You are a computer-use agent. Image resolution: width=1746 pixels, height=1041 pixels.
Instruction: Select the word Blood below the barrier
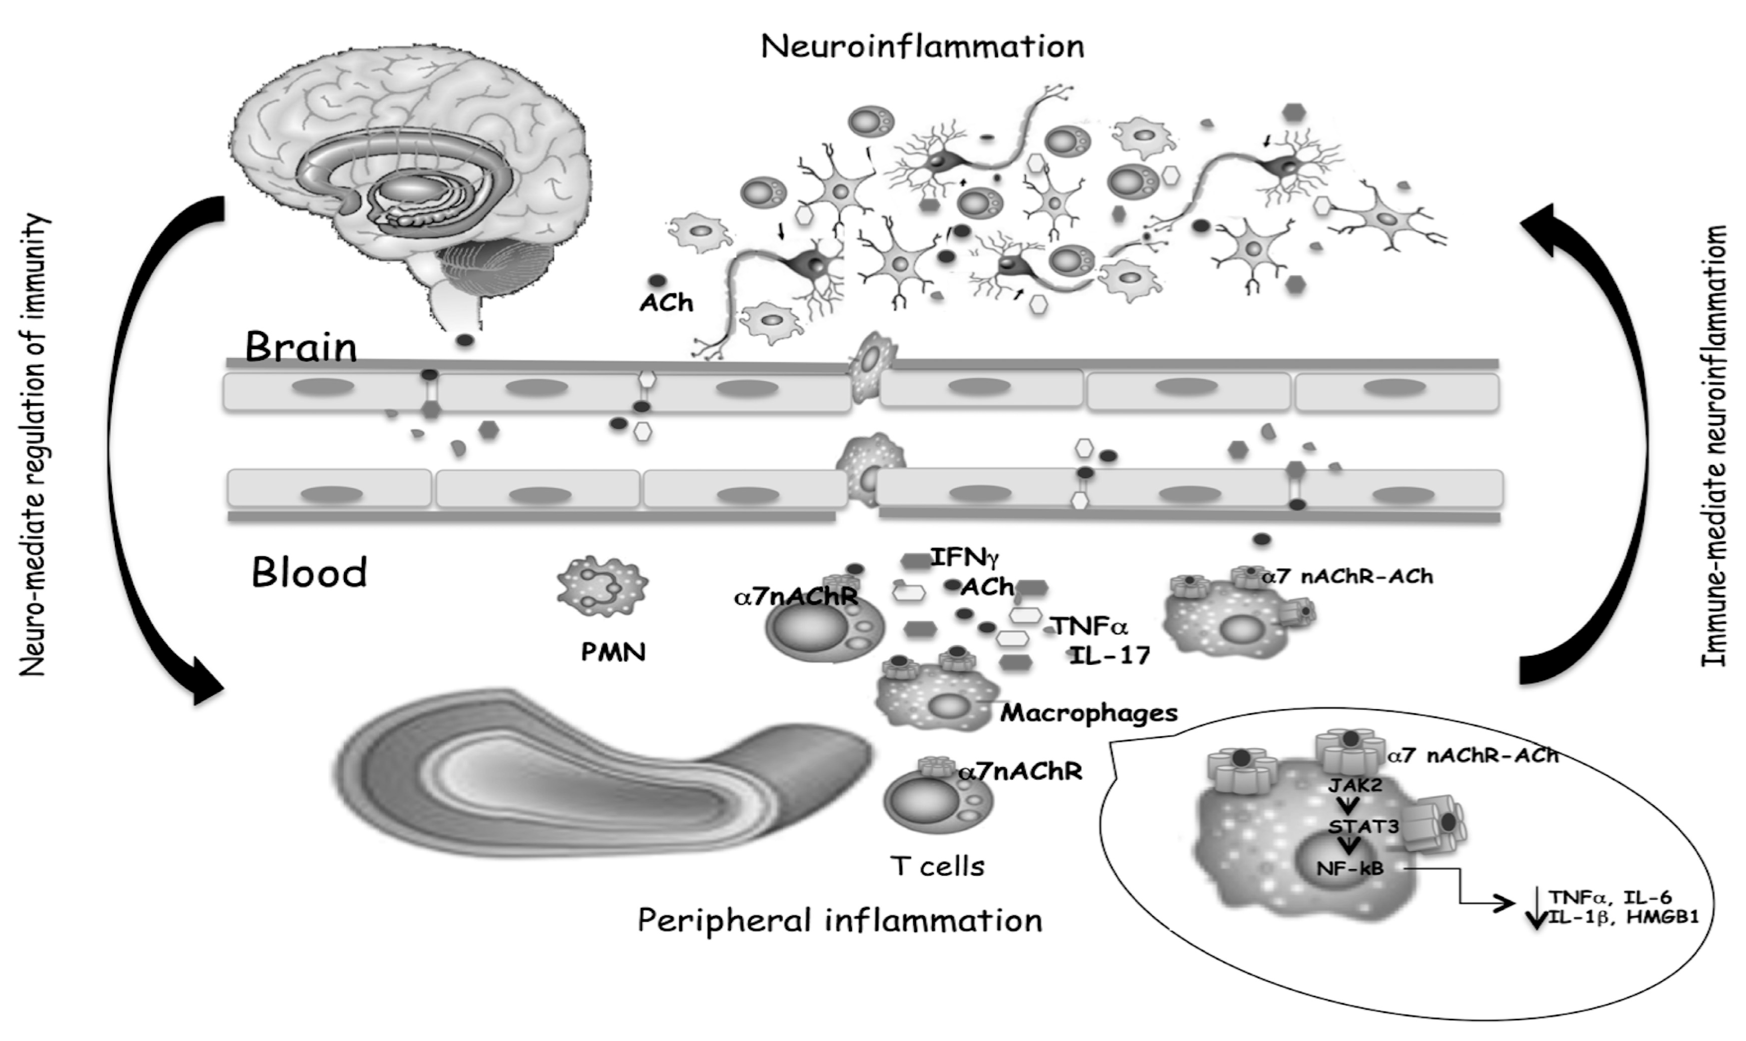pos(309,573)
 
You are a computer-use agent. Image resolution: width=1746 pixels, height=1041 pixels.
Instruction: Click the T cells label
pos(938,866)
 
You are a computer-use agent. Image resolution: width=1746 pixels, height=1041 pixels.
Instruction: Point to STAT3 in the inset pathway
pos(1363,827)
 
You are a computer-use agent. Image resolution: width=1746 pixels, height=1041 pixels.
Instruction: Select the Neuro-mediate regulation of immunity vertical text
pos(34,445)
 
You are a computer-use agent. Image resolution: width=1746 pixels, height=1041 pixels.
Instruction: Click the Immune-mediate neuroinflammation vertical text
pos(1714,445)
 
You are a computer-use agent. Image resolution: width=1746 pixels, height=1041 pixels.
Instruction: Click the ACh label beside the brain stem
pos(666,303)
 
